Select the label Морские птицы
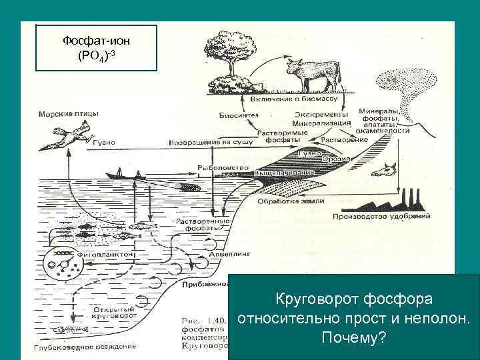click(x=69, y=114)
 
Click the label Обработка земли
click(x=300, y=201)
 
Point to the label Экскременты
click(x=315, y=115)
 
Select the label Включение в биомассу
click(x=294, y=99)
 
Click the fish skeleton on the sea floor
click(x=70, y=331)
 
